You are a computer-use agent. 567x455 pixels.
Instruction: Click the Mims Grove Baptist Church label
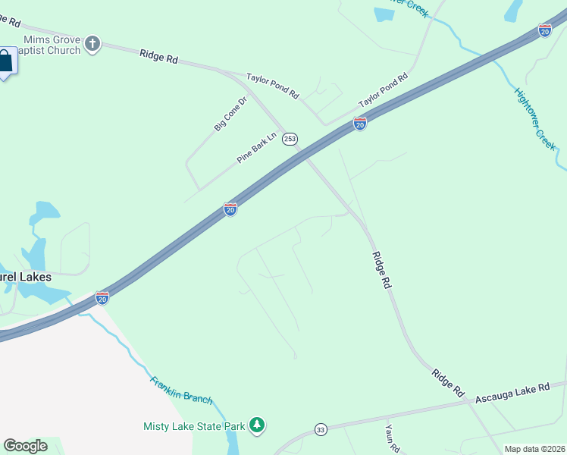tap(52, 45)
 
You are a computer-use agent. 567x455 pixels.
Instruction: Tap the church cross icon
tap(92, 43)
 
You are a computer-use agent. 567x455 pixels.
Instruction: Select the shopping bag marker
tap(6, 62)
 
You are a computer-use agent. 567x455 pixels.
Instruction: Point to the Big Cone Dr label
tap(231, 114)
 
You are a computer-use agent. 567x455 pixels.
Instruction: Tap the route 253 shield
tap(290, 139)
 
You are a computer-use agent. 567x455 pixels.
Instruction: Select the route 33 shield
tap(321, 429)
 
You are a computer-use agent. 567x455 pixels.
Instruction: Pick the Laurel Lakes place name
tap(26, 277)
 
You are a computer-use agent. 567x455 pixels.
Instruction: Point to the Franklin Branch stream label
tap(181, 390)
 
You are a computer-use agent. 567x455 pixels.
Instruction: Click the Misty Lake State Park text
tap(194, 426)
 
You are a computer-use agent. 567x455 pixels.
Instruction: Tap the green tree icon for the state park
tap(258, 425)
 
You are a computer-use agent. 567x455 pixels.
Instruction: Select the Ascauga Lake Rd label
tap(512, 394)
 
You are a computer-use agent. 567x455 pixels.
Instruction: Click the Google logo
tap(25, 446)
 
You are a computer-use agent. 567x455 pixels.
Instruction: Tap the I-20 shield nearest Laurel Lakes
tap(102, 297)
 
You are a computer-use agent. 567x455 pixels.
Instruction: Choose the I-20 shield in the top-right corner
tap(544, 30)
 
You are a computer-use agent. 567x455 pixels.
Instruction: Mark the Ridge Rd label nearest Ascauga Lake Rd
tap(447, 383)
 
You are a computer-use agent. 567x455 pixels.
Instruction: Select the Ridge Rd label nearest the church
tap(158, 55)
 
